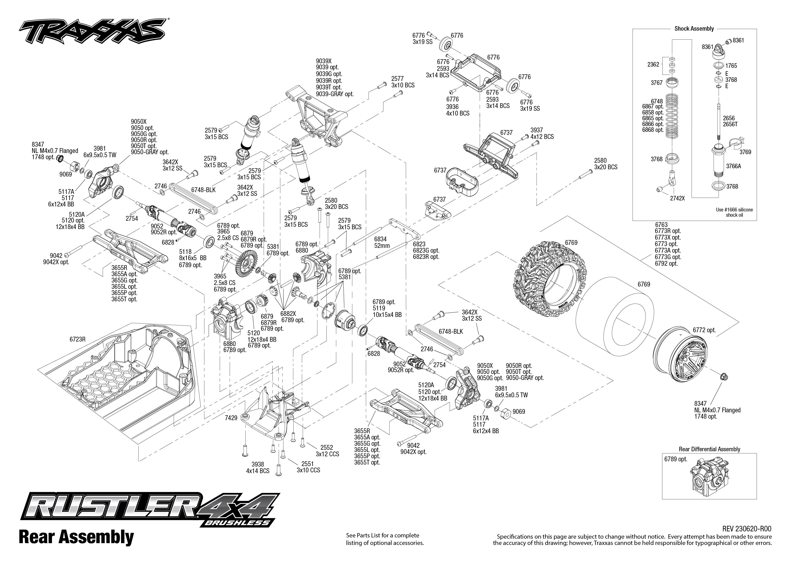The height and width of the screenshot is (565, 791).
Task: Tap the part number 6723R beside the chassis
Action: (77, 339)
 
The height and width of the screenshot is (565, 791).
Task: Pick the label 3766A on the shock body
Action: (733, 166)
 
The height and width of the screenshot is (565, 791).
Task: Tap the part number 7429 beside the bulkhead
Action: (231, 418)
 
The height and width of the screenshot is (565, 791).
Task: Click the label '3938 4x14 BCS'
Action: (257, 468)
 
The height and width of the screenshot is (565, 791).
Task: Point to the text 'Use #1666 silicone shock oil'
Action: (734, 212)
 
